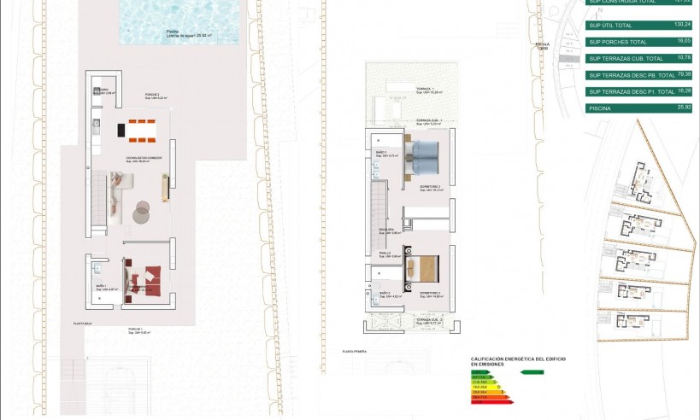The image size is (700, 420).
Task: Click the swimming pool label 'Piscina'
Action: click(174, 31)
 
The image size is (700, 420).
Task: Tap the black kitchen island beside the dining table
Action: click(121, 131)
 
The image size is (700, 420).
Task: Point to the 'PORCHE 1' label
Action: click(134, 329)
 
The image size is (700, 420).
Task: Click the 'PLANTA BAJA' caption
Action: click(83, 324)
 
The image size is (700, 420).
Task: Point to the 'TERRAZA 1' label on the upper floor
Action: click(425, 89)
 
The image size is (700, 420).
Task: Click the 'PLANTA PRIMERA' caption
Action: click(354, 351)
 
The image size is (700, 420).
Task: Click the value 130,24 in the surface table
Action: click(681, 26)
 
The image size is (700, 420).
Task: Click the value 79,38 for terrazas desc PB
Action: click(681, 75)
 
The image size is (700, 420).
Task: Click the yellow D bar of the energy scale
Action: click(483, 385)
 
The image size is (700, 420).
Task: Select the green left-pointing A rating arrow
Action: click(532, 372)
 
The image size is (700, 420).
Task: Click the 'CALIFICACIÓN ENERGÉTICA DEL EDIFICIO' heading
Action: click(518, 359)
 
